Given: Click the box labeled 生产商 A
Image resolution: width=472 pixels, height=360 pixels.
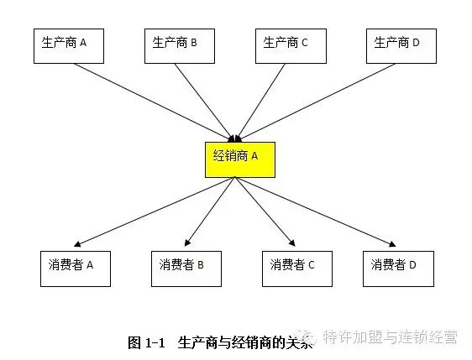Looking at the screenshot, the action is point(69,46).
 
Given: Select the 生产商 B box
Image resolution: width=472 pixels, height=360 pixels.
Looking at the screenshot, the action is point(180,46).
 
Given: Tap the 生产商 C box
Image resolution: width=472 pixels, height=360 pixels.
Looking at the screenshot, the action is point(291,46).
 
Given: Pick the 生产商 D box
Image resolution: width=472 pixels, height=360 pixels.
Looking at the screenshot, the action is point(401,46).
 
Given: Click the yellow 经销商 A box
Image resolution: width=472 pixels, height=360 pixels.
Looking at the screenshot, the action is point(240,159).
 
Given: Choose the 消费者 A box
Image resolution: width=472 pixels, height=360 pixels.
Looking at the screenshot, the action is point(76,269).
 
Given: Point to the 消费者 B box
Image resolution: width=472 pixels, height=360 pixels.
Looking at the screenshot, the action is point(186,269).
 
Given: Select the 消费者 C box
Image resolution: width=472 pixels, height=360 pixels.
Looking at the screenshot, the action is point(297,269).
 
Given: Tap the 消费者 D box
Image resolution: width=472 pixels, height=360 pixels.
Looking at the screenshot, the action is point(398,269).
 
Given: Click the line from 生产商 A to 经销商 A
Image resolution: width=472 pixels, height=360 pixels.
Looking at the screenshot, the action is point(154,102).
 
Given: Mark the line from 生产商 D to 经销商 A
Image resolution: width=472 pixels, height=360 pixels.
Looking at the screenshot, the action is point(317,102).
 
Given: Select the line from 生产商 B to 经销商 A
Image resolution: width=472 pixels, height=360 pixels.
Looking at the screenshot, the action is point(204,102).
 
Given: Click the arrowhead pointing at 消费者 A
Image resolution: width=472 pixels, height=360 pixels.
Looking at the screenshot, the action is point(77,243).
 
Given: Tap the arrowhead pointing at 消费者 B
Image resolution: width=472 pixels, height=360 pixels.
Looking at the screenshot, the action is point(187,243).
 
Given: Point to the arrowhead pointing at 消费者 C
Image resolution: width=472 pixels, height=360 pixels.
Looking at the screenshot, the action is point(292,243).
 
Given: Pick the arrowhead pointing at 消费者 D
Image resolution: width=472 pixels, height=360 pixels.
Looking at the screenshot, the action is point(392,244).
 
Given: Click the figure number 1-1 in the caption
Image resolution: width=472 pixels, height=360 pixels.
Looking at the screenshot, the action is point(155,343).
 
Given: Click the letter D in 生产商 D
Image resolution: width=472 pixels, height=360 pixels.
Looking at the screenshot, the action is point(416,43).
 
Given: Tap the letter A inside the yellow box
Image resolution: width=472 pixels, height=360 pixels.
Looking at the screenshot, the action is point(254,156).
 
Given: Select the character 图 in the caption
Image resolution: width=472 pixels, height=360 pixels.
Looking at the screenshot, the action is point(134,343).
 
